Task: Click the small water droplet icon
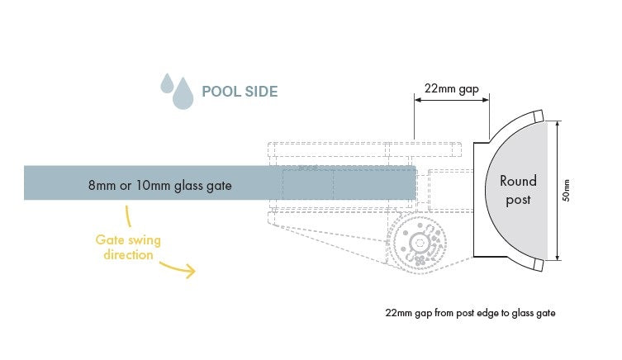pos(167,83)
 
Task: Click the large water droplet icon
pos(182,93)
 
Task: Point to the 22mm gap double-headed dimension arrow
pos(452,100)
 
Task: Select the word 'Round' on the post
pos(518,181)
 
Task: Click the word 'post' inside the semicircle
pos(518,199)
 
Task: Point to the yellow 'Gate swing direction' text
pos(128,248)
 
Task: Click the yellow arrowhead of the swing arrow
pos(191,271)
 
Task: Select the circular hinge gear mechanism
pos(418,243)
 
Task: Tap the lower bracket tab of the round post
pos(537,264)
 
